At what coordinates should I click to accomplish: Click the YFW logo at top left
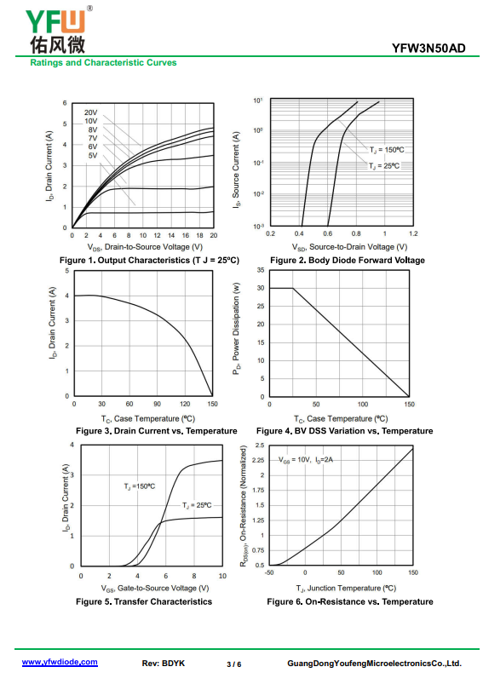pos(58,30)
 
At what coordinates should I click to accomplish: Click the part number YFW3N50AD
pos(428,48)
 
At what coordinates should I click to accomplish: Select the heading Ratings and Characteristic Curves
pos(103,62)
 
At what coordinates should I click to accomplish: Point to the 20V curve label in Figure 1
pos(91,112)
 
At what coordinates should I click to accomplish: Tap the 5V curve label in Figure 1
pos(93,155)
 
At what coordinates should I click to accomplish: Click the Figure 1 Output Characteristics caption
pos(149,260)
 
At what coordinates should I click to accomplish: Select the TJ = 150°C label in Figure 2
pos(387,150)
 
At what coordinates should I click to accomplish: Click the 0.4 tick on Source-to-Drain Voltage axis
pos(299,233)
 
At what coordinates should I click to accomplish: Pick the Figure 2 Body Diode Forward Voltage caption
pos(348,260)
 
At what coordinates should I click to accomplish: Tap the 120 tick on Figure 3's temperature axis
pos(185,404)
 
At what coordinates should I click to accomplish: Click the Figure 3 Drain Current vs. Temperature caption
pos(156,430)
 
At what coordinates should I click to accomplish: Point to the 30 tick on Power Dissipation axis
pos(261,288)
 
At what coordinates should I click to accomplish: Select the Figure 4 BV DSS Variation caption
pos(345,430)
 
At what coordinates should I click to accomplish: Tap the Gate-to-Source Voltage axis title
pos(155,588)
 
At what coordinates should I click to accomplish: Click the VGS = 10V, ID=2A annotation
pos(306,460)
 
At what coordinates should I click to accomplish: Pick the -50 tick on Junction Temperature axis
pos(269,572)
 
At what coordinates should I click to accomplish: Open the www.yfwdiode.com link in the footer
pos(60,662)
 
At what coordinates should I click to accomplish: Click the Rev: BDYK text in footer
pos(164,664)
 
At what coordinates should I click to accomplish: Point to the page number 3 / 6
pos(234,664)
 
